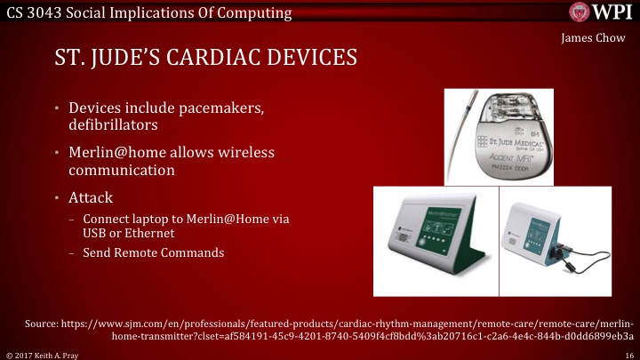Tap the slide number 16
pos(628,353)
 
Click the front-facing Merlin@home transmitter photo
pos(438,239)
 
